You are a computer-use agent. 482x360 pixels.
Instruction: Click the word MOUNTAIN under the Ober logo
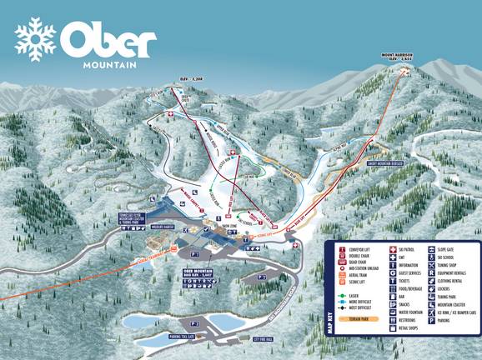(107, 63)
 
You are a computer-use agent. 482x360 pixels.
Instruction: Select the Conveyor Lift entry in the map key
(356, 249)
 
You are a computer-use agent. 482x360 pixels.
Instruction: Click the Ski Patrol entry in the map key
(405, 249)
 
